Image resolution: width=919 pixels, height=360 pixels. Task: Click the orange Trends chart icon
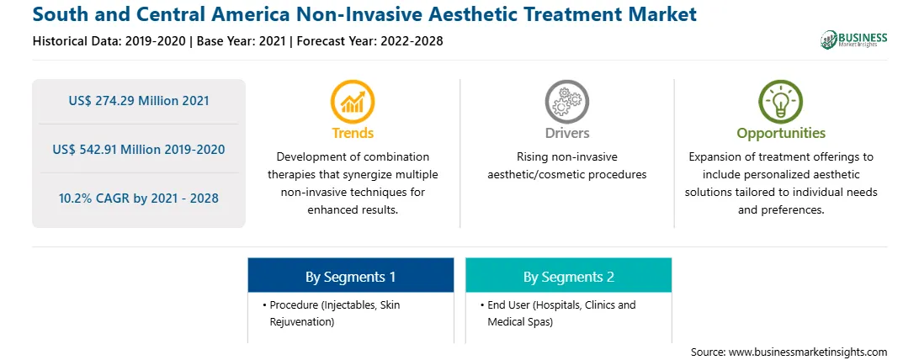[x=353, y=101]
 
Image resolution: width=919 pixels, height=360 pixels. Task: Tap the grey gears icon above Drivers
[x=567, y=101]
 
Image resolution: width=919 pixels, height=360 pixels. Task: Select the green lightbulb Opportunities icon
[x=781, y=101]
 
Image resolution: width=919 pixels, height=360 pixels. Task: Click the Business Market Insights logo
[x=854, y=40]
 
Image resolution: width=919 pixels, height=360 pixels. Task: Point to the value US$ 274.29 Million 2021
[x=139, y=101]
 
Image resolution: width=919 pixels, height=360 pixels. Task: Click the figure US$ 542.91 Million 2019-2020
[x=139, y=149]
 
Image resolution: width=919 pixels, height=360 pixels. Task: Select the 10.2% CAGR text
[x=139, y=199]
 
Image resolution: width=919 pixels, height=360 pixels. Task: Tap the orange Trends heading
[x=353, y=133]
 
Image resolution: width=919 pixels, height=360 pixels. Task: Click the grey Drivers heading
[x=567, y=133]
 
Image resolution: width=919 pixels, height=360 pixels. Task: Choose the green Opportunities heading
[x=781, y=134]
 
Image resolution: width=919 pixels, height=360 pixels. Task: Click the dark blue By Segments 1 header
[x=350, y=275]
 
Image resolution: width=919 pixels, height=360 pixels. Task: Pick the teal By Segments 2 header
[x=569, y=275]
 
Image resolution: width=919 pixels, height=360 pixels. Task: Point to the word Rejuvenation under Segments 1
[x=302, y=322]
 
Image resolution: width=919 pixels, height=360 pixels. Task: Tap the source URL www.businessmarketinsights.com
[x=808, y=352]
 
